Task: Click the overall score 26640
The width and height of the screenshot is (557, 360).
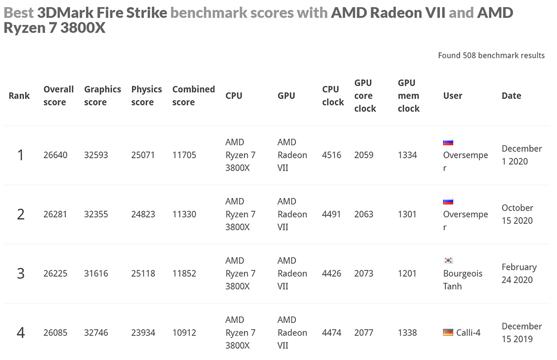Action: [55, 155]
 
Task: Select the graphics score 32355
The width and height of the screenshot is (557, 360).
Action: [96, 214]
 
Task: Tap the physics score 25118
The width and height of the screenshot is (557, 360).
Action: [143, 274]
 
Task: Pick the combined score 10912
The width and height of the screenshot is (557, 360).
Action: [184, 333]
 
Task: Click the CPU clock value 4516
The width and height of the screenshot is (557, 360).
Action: [331, 155]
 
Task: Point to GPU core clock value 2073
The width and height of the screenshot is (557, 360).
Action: [363, 274]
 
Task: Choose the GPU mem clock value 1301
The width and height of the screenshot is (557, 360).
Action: [407, 214]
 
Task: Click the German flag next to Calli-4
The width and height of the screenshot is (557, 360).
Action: [448, 332]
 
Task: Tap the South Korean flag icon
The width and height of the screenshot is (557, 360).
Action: [448, 260]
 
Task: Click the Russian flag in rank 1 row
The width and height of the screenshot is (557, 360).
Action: [448, 142]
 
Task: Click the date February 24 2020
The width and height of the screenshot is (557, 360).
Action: [519, 274]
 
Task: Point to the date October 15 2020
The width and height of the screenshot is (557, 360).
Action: [517, 214]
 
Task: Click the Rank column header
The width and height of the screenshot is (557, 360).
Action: [19, 96]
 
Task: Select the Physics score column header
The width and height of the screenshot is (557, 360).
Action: [146, 96]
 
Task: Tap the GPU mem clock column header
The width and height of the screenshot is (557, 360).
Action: [409, 96]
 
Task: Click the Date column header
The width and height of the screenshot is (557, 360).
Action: [511, 96]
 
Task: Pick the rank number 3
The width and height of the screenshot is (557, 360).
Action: [21, 274]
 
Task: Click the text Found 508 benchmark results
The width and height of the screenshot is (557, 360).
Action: [491, 55]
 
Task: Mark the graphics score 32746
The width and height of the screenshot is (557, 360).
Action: [96, 333]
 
